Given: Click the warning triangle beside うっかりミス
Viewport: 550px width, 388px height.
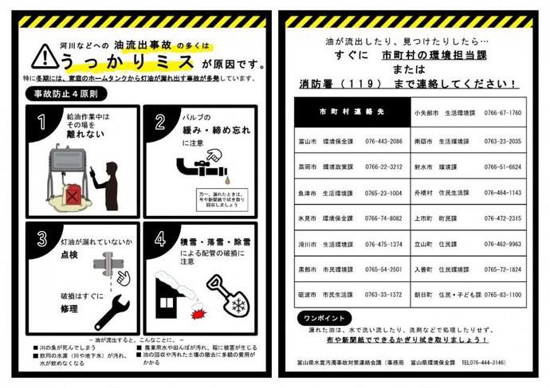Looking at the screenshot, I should click(x=42, y=57).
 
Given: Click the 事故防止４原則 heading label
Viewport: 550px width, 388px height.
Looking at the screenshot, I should click(x=57, y=93).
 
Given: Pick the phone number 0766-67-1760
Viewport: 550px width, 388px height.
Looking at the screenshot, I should click(x=502, y=112).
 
